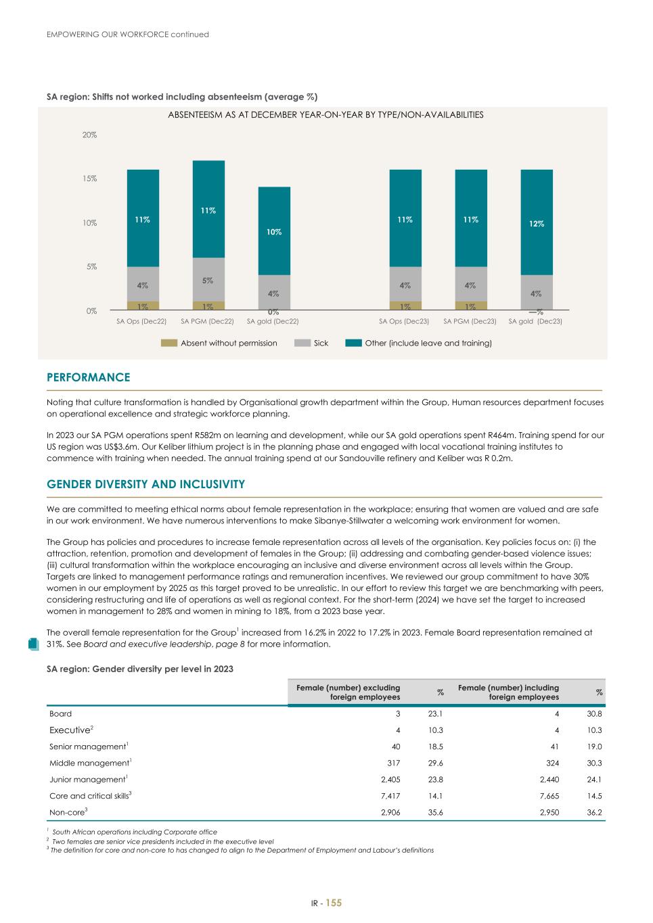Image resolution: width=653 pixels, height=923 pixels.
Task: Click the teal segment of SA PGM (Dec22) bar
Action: pyautogui.click(x=208, y=209)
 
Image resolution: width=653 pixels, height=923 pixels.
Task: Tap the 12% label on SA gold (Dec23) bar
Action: pyautogui.click(x=537, y=224)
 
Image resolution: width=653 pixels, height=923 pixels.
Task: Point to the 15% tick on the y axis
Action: pyautogui.click(x=90, y=179)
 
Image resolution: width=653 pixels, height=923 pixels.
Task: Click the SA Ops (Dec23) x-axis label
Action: pyautogui.click(x=404, y=321)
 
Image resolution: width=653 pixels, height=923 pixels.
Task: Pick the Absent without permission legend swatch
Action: pyautogui.click(x=168, y=344)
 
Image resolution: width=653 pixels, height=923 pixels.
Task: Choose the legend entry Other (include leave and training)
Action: pyautogui.click(x=428, y=344)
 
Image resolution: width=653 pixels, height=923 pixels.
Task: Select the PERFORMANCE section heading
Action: pyautogui.click(x=88, y=377)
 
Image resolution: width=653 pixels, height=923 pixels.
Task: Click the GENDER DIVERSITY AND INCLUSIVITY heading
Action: pyautogui.click(x=145, y=484)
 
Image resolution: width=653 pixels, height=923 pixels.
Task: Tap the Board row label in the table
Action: pyautogui.click(x=60, y=713)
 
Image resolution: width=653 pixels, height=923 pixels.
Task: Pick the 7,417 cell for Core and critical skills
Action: pyautogui.click(x=390, y=796)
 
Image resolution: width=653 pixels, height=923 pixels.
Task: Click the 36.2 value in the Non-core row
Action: pyautogui.click(x=595, y=813)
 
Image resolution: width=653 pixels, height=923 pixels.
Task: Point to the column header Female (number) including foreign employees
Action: pyautogui.click(x=508, y=692)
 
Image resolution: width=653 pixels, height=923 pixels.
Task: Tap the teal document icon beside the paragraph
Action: pyautogui.click(x=33, y=644)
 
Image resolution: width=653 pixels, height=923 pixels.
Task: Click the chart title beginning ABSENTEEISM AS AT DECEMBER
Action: pyautogui.click(x=325, y=115)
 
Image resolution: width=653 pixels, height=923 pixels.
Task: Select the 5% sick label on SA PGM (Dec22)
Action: pyautogui.click(x=208, y=280)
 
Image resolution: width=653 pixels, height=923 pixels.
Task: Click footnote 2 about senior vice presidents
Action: pyautogui.click(x=162, y=841)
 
